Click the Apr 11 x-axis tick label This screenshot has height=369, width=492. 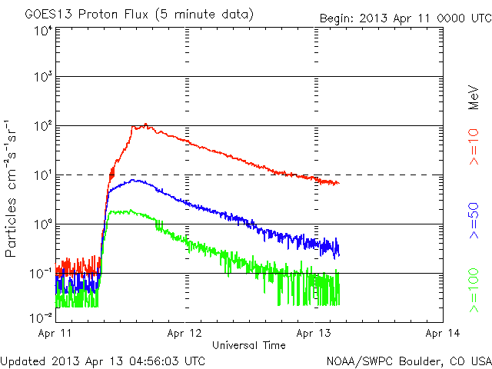click(55, 334)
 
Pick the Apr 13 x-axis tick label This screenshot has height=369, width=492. click(314, 334)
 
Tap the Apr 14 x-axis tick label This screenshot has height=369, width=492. click(443, 334)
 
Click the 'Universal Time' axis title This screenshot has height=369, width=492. click(248, 345)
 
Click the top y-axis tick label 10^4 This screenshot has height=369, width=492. click(42, 31)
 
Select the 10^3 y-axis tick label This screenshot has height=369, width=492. click(42, 77)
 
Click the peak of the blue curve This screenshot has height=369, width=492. click(136, 181)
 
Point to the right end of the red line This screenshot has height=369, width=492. click(337, 183)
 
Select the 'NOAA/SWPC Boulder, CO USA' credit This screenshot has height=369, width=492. click(408, 360)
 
